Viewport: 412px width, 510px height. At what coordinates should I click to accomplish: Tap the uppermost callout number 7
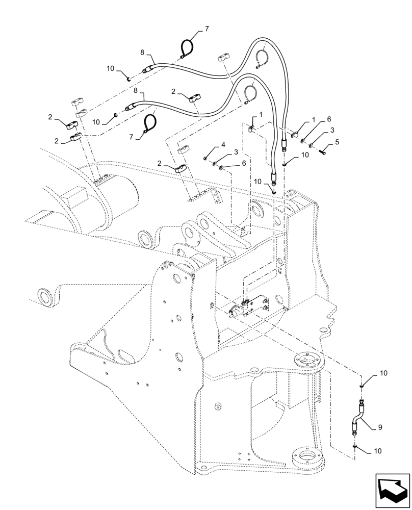click(x=207, y=30)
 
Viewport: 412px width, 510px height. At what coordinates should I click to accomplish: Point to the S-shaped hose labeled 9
click(x=357, y=418)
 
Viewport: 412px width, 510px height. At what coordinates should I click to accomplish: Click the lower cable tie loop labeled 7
click(x=149, y=124)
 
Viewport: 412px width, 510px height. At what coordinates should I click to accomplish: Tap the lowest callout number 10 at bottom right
click(x=377, y=451)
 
